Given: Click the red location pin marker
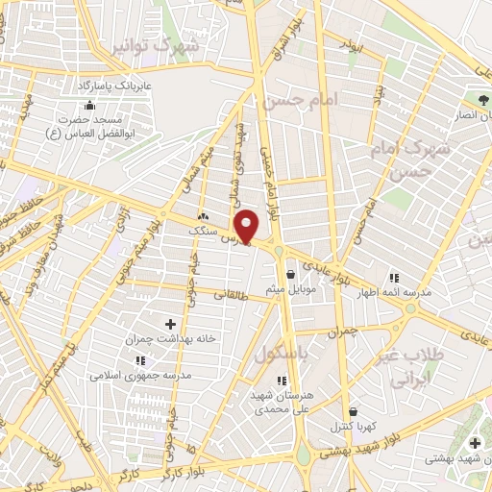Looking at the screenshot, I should [x=248, y=227].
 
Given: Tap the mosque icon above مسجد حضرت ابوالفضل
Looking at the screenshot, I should [x=89, y=105].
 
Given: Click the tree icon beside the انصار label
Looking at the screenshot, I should [x=482, y=99].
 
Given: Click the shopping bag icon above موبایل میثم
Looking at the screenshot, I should [x=289, y=274].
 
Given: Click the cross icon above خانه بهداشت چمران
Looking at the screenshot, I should [x=171, y=326].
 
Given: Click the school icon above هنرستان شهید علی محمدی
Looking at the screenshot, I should [x=281, y=381].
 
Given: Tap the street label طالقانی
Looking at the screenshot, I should [x=230, y=296].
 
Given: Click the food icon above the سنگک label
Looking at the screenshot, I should [x=203, y=217].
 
